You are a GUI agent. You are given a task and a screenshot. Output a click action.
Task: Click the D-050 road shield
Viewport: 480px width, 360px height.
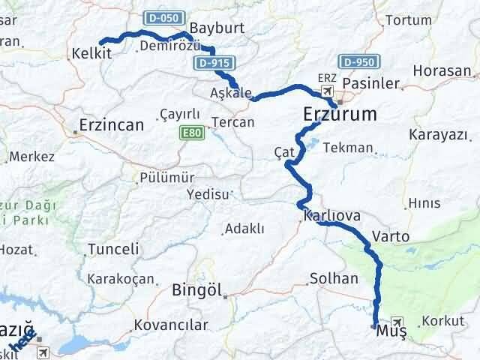[x=157, y=17]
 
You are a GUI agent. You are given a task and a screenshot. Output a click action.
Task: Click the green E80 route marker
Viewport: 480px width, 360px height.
[x=190, y=133]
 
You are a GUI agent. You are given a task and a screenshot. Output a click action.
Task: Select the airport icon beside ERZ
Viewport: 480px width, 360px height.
[x=328, y=91]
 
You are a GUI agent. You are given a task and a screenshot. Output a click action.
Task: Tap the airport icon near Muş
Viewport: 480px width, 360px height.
[x=397, y=322]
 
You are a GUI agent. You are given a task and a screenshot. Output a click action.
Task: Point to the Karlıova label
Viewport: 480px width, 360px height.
[x=332, y=216]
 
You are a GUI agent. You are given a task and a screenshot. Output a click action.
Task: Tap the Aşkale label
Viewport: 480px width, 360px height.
[x=231, y=93]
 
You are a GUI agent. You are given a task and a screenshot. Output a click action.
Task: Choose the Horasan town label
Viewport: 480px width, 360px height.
[x=446, y=72]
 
